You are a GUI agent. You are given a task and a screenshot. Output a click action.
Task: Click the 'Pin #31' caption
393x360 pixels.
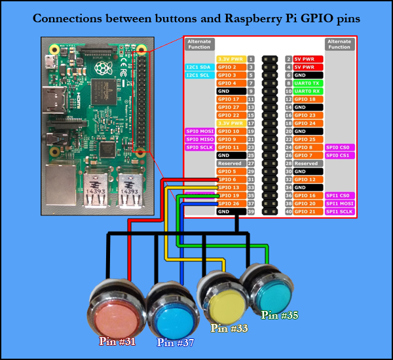pos(117,340)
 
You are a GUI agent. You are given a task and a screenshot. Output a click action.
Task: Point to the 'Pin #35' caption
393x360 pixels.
pos(280,315)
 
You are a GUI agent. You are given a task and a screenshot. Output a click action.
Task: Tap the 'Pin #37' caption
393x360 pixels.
pos(175,342)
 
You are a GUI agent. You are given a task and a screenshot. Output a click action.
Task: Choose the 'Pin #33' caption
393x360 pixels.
pos(229,329)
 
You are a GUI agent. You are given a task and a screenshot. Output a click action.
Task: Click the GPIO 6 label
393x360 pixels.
pos(231,179)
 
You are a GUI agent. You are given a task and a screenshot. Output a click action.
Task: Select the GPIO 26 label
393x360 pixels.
pos(231,204)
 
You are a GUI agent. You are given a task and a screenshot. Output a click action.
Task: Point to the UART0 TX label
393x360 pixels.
pos(308,83)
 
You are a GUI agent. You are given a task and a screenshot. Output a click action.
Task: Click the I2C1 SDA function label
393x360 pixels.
pos(198,67)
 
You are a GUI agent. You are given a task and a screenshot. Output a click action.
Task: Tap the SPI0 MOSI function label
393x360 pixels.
pos(198,131)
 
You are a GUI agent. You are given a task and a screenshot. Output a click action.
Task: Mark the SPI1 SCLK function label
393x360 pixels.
pos(339,211)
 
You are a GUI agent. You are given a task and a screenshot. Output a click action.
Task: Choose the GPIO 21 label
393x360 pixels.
pos(308,211)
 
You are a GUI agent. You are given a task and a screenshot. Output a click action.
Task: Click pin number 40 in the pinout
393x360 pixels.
pos(288,211)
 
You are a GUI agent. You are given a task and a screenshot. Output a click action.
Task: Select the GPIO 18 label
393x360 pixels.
pos(308,99)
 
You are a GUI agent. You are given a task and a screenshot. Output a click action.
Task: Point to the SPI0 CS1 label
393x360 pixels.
pos(339,155)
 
